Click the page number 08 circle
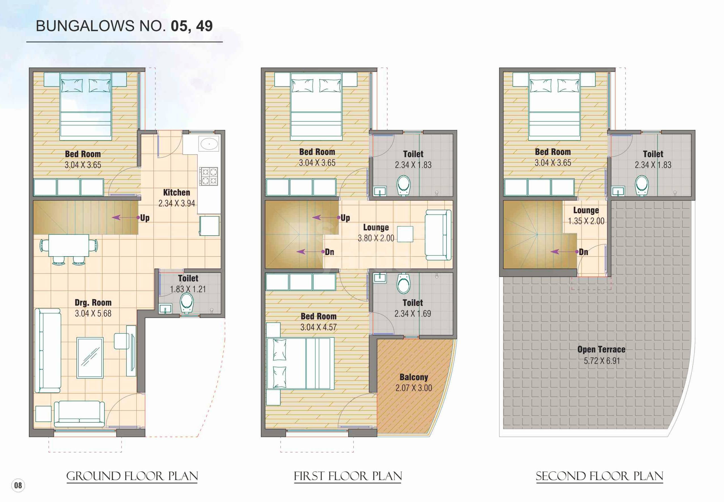(x=18, y=485)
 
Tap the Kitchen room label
(x=176, y=193)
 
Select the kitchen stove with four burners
(x=208, y=176)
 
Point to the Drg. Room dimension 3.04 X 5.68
(x=93, y=313)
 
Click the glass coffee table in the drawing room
(x=90, y=358)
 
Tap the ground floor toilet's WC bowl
(x=187, y=304)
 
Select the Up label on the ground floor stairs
(x=145, y=218)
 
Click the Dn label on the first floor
(x=329, y=252)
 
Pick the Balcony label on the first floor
(x=414, y=377)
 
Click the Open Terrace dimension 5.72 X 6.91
(x=602, y=361)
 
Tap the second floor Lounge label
(x=586, y=210)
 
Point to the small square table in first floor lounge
(x=405, y=234)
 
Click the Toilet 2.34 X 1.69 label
(x=413, y=308)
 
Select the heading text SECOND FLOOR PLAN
(x=599, y=476)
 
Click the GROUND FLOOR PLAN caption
(x=132, y=476)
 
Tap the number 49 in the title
(x=204, y=26)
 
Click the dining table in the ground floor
(x=69, y=245)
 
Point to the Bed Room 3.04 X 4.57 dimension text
(x=318, y=327)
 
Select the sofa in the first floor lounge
(x=438, y=235)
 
